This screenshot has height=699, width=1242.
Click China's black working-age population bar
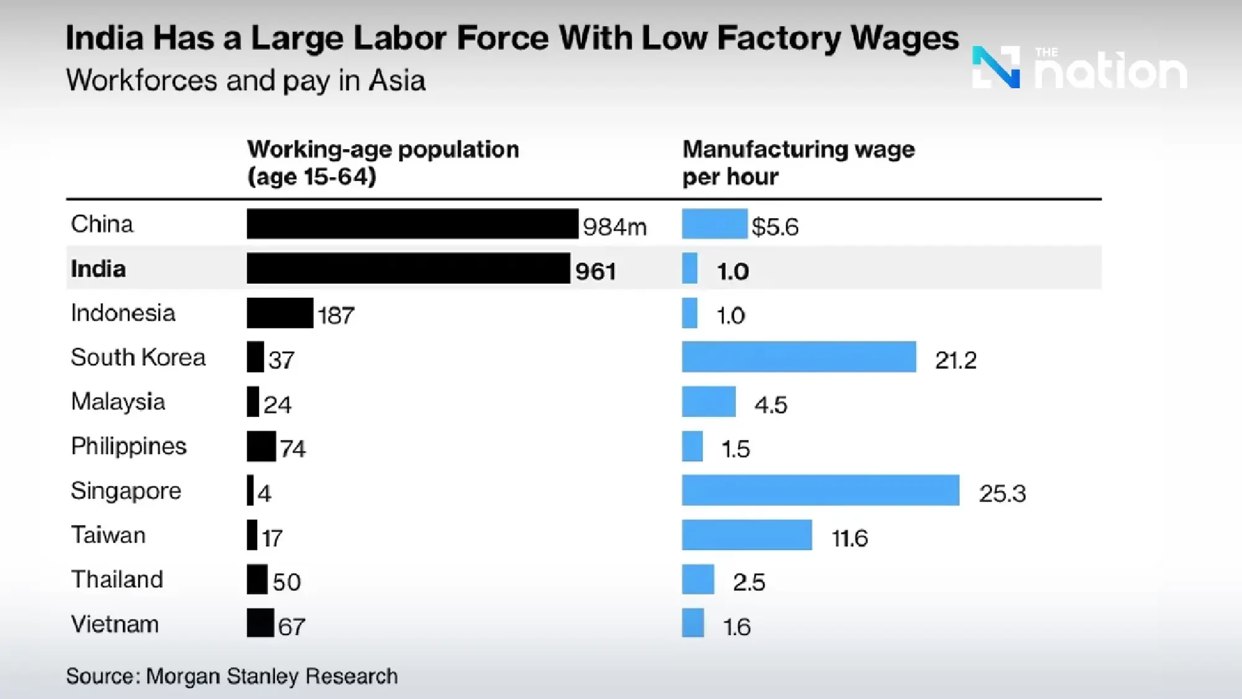pos(412,224)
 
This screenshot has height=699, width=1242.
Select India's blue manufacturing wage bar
pos(689,268)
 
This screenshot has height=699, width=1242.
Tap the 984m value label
pos(614,227)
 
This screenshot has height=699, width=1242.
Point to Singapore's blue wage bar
pos(820,490)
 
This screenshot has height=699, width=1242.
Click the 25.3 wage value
pos(1002,493)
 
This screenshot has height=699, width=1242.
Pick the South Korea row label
pos(138,357)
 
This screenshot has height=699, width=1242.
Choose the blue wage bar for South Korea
pos(799,357)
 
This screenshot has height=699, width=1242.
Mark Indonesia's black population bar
pos(280,313)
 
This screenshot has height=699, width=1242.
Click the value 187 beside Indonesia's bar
pos(336,316)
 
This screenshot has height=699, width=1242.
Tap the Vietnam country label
pos(115,624)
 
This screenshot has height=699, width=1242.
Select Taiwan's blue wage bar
pos(746,535)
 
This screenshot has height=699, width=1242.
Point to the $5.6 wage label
pos(775,227)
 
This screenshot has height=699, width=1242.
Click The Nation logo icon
pos(995,67)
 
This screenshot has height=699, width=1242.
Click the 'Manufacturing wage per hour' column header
pos(798,163)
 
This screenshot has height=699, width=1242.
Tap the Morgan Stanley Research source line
pos(232,676)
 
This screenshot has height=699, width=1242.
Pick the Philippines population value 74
pos(292,449)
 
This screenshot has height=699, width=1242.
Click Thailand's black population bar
pos(257,579)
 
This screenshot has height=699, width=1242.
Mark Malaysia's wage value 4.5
pos(771,405)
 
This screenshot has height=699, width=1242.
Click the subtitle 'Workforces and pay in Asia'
pos(246,81)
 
